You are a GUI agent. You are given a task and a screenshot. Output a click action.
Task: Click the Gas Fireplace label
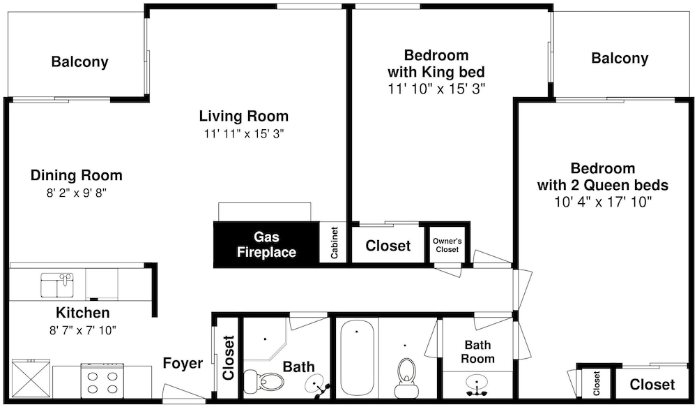(x=266, y=244)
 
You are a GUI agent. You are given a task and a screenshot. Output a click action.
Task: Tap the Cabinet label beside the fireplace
(x=335, y=243)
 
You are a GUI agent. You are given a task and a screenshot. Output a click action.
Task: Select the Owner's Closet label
(x=447, y=245)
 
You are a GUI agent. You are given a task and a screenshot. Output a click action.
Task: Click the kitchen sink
(x=57, y=285)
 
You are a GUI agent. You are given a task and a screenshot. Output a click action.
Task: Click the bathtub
(x=358, y=357)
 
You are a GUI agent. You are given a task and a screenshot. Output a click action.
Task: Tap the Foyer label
(x=183, y=363)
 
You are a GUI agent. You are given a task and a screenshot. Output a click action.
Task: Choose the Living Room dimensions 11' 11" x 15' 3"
(x=244, y=133)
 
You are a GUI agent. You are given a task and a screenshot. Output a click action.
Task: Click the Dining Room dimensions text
(x=77, y=193)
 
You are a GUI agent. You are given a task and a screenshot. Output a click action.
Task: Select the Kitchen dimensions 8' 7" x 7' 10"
(x=83, y=330)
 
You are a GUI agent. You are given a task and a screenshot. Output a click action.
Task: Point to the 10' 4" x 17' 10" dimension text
(x=603, y=202)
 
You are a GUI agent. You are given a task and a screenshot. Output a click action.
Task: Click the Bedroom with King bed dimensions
(x=436, y=89)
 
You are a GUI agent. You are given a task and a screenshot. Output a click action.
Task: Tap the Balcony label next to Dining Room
(x=80, y=62)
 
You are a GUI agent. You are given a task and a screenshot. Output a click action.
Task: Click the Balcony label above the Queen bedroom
(x=620, y=59)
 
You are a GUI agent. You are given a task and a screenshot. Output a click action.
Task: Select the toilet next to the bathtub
(x=406, y=378)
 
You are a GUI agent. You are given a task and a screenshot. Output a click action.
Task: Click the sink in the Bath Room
(x=476, y=384)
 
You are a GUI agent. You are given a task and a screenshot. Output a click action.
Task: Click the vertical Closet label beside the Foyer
(x=228, y=358)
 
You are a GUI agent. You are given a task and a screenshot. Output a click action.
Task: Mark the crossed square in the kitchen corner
(x=30, y=378)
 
